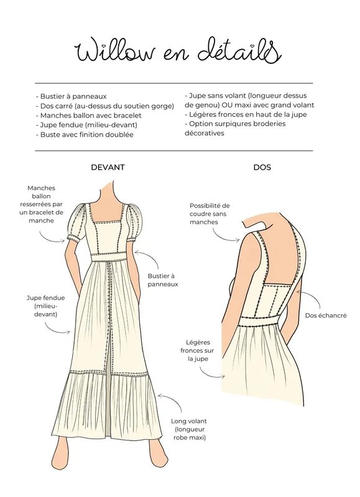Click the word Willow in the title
115,51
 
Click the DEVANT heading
108,167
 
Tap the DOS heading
262,167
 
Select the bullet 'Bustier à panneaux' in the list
72,96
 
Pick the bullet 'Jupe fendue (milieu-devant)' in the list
86,125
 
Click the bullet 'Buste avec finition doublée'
85,134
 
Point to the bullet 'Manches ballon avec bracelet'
89,116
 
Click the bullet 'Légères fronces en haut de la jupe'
246,114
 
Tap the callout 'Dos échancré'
326,316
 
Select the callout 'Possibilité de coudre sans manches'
210,214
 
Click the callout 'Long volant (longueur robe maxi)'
189,429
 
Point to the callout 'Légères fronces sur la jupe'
197,350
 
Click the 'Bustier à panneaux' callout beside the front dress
163,280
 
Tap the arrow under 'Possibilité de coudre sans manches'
224,237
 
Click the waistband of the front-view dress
108,257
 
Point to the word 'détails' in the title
240,50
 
